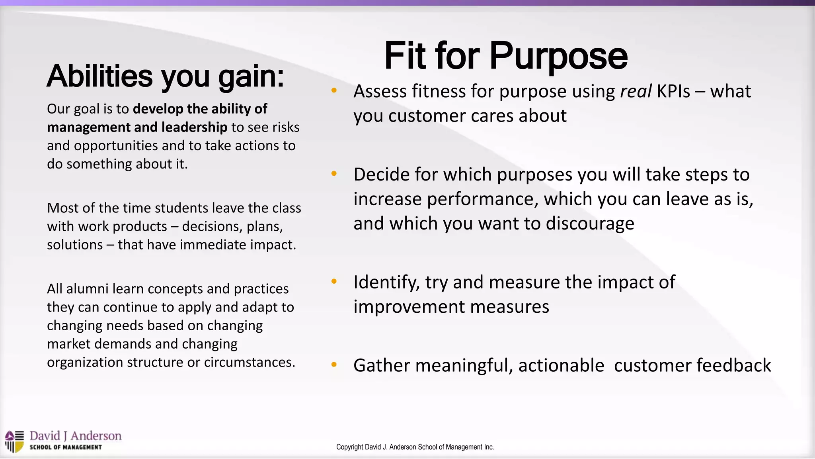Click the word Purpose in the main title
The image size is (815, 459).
[558, 57]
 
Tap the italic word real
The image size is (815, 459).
[636, 92]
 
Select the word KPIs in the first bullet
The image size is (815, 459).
[673, 92]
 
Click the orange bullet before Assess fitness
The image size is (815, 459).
[334, 90]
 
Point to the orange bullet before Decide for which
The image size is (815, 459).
[334, 174]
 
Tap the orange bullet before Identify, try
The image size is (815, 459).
[334, 281]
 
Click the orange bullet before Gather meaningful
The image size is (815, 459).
[334, 365]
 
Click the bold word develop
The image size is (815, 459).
[158, 109]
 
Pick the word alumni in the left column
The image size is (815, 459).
[87, 289]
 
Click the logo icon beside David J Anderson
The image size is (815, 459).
[15, 441]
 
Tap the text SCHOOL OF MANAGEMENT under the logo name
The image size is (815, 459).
[66, 447]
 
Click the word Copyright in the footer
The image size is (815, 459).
[350, 447]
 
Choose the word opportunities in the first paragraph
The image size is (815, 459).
[116, 146]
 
